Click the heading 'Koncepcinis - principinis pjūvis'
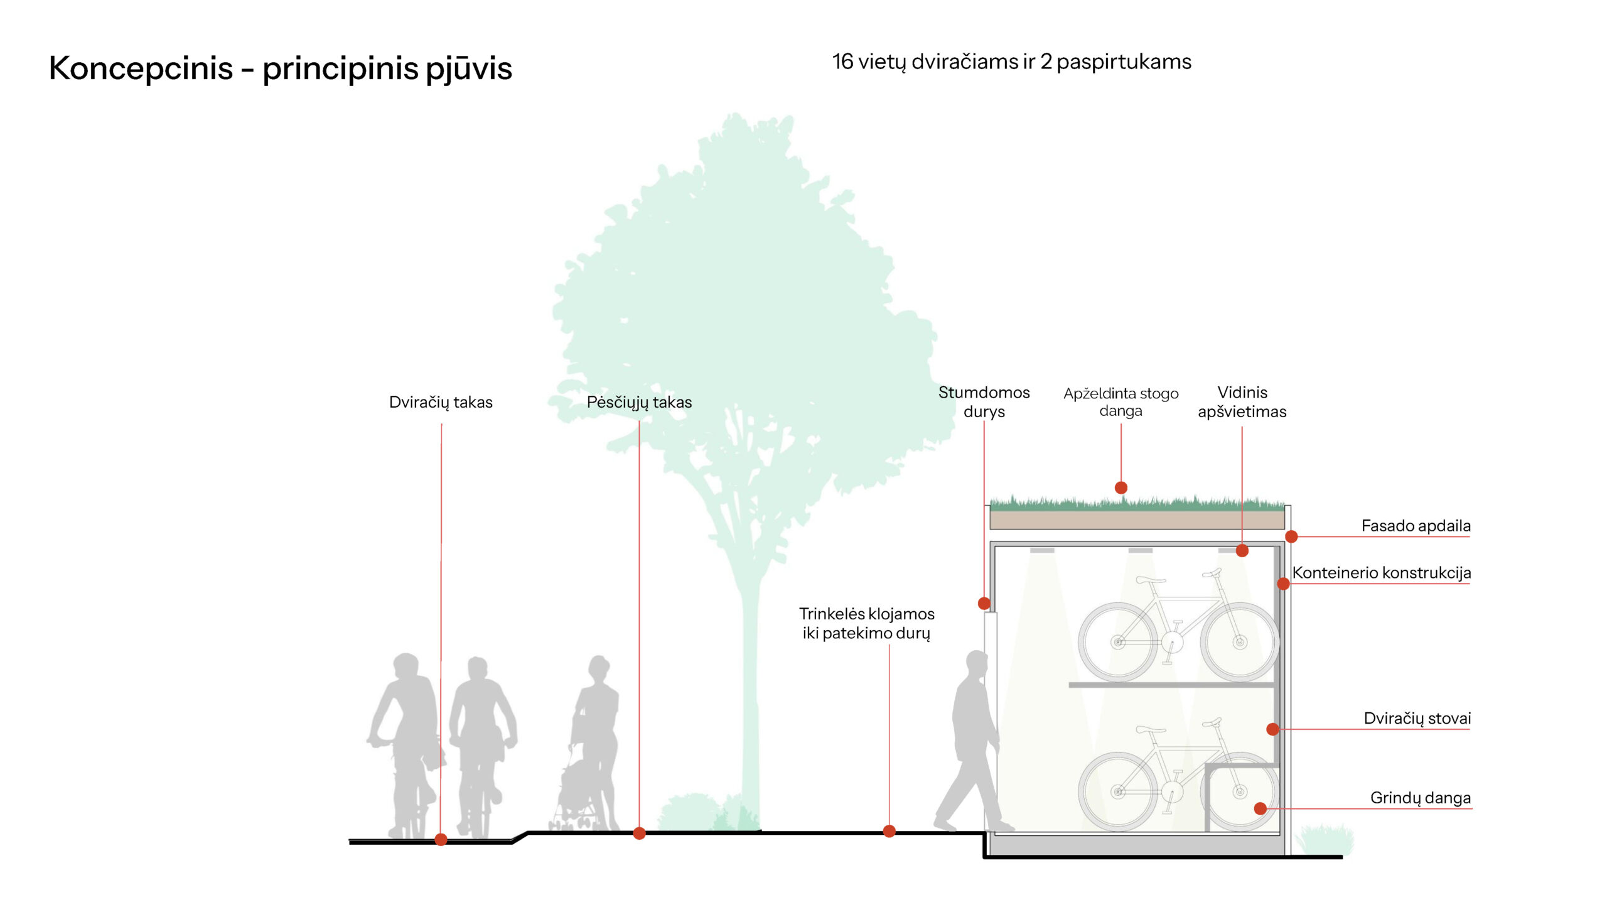point(280,68)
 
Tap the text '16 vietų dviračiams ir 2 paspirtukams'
point(1011,62)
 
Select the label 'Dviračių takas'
point(440,402)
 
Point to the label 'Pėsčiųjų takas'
point(639,402)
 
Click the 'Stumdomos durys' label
point(983,402)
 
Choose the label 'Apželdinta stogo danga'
point(1120,402)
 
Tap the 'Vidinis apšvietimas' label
point(1241,402)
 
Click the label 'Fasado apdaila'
point(1416,526)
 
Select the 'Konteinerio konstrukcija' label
point(1381,572)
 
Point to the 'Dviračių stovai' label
point(1417,718)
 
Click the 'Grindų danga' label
point(1420,798)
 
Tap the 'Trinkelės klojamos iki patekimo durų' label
point(866,624)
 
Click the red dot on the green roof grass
point(1120,488)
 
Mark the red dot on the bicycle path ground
point(441,839)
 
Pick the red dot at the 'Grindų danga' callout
point(1259,808)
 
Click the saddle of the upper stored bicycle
point(1151,579)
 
